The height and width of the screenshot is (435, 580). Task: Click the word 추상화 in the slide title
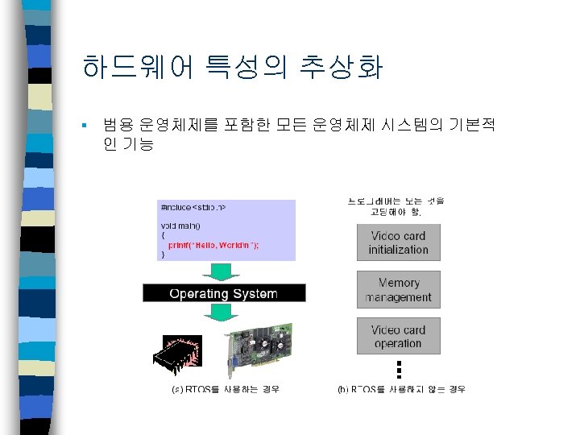(342, 68)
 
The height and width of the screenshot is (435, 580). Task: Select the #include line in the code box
(193, 208)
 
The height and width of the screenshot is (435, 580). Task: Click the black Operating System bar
(224, 294)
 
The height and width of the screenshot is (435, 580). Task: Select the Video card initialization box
(398, 242)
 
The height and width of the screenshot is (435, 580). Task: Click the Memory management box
(398, 290)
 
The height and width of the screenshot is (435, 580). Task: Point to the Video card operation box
(398, 336)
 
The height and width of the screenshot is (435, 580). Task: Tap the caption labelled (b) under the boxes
(400, 389)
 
